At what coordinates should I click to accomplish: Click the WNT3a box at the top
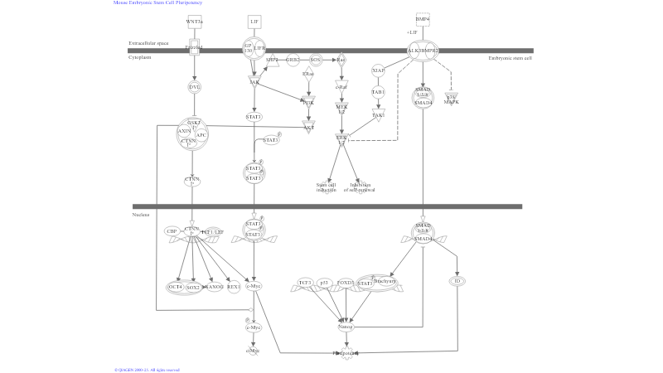click(194, 21)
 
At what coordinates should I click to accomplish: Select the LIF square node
click(254, 21)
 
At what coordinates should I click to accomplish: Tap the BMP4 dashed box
click(423, 19)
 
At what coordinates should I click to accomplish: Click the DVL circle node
click(195, 86)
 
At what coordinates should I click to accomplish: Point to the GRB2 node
click(293, 60)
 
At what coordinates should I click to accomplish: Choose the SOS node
click(315, 60)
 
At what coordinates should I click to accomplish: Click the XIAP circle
click(378, 70)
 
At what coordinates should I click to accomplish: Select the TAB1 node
click(378, 93)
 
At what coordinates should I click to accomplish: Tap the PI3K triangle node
click(309, 103)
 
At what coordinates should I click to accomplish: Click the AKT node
click(309, 128)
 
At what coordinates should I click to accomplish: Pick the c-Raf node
click(341, 86)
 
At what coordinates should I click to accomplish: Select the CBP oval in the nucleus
click(172, 231)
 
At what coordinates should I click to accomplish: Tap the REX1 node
click(234, 287)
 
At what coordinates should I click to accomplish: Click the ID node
click(457, 282)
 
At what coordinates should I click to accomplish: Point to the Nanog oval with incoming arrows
click(346, 327)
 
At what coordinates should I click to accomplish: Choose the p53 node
click(325, 283)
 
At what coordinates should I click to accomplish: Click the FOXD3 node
click(346, 283)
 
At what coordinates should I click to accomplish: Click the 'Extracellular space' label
click(148, 43)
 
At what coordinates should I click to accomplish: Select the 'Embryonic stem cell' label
click(511, 58)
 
